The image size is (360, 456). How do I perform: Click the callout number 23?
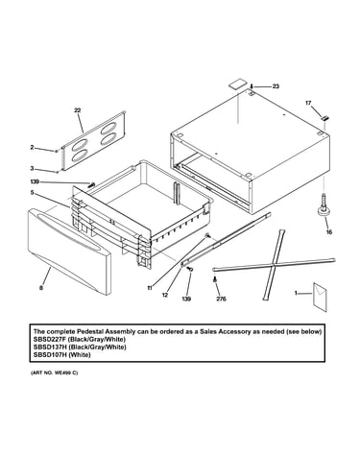pyautogui.click(x=276, y=86)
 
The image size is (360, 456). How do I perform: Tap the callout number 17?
pyautogui.click(x=308, y=103)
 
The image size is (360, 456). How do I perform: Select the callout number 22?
pyautogui.click(x=78, y=110)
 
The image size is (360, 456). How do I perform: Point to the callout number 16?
pyautogui.click(x=329, y=232)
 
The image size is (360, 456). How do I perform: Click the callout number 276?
pyautogui.click(x=221, y=299)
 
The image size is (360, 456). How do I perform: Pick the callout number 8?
pyautogui.click(x=41, y=288)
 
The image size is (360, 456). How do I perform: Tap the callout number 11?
pyautogui.click(x=150, y=288)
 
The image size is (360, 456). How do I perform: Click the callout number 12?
pyautogui.click(x=165, y=295)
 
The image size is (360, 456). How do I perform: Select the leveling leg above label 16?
pyautogui.click(x=324, y=205)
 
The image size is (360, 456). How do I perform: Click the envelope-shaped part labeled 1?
pyautogui.click(x=320, y=297)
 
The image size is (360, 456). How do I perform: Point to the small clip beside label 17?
pyautogui.click(x=324, y=117)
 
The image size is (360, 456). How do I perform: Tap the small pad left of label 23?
pyautogui.click(x=237, y=84)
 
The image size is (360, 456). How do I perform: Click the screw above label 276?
pyautogui.click(x=215, y=279)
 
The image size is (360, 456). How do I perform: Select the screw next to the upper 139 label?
pyautogui.click(x=92, y=184)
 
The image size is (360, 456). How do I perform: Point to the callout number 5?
pyautogui.click(x=32, y=193)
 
